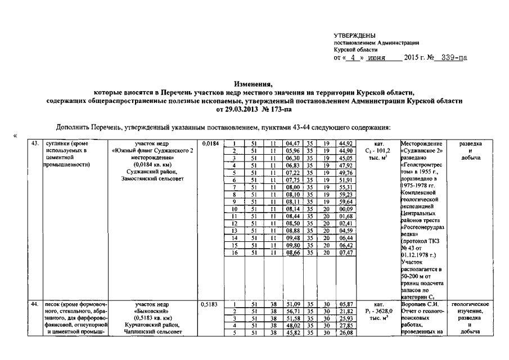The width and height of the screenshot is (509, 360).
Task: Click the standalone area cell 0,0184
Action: click(209, 143)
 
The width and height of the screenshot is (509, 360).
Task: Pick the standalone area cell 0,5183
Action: click(209, 304)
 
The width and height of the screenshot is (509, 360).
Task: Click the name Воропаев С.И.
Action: click(421, 304)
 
